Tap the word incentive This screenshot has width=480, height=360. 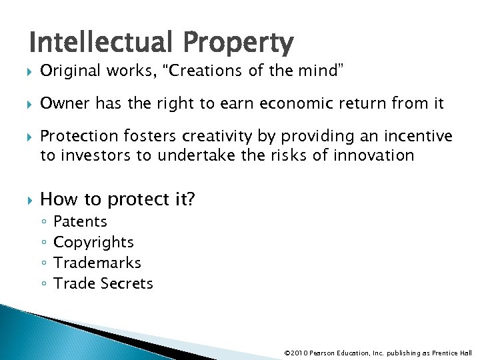pyautogui.click(x=418, y=137)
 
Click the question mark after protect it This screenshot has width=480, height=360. pyautogui.click(x=191, y=199)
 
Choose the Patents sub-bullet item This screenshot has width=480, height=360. pyautogui.click(x=80, y=221)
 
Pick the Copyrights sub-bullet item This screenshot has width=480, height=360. pyautogui.click(x=93, y=242)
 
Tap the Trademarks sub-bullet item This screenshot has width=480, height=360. pyautogui.click(x=97, y=263)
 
